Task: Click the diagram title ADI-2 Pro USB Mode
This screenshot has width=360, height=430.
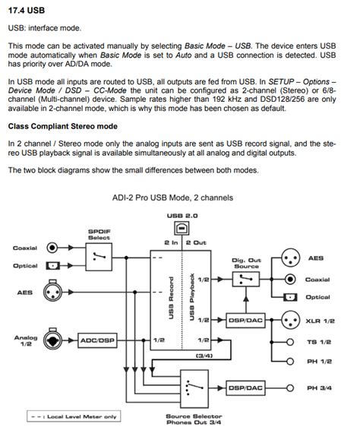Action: (x=172, y=198)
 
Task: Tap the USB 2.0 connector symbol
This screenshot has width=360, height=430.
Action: (x=179, y=226)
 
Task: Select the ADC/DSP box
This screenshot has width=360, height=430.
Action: (x=98, y=340)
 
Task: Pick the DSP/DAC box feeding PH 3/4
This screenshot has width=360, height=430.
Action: (x=245, y=388)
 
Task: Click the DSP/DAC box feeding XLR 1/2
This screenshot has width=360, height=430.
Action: (x=245, y=321)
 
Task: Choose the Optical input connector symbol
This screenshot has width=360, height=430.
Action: (x=52, y=266)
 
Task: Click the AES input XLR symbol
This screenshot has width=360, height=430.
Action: (x=52, y=292)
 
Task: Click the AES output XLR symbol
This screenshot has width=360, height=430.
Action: (x=289, y=258)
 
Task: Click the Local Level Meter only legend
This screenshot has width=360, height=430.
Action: (x=63, y=416)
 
